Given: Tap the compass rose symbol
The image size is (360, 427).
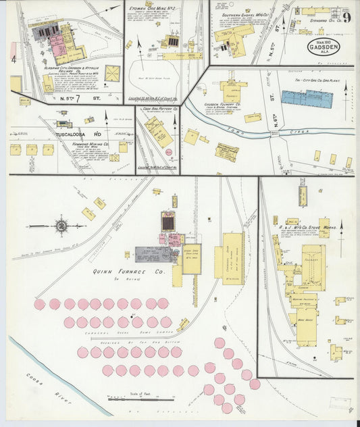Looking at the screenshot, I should [x=61, y=225].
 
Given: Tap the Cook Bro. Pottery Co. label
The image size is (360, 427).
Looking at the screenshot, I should [x=159, y=108].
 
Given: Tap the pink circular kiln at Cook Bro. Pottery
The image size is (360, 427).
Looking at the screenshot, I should [x=170, y=151].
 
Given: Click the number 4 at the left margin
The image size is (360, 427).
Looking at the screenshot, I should [x=13, y=59].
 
